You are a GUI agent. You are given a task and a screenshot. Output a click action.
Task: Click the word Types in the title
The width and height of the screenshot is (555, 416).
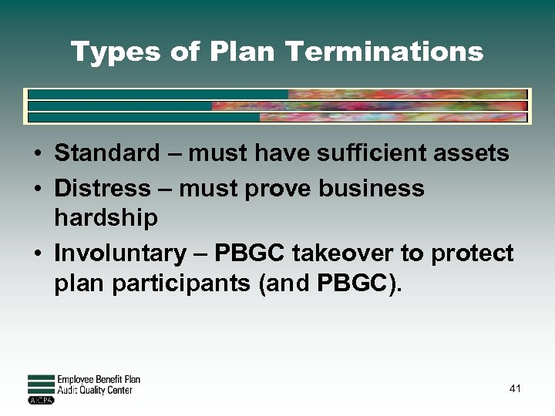pyautogui.click(x=104, y=52)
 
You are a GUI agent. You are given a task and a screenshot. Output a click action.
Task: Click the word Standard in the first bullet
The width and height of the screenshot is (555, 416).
pyautogui.click(x=106, y=153)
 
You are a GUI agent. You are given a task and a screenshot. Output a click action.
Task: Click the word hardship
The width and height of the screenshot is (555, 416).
pyautogui.click(x=105, y=218)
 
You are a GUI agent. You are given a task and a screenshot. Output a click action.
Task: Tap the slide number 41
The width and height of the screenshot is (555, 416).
pyautogui.click(x=515, y=388)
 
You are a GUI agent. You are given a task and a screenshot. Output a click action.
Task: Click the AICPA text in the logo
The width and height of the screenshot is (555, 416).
pyautogui.click(x=39, y=401)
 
